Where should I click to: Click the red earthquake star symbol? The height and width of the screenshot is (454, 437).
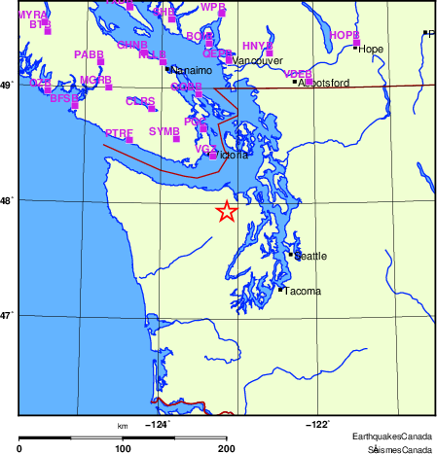point(226,211)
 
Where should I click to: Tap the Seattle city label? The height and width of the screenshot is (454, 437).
point(310,257)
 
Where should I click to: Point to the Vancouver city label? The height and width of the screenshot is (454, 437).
point(256,60)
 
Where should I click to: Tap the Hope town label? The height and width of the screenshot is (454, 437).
point(371,49)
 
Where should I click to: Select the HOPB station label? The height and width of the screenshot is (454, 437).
point(345,35)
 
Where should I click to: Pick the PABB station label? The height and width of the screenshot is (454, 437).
point(89,54)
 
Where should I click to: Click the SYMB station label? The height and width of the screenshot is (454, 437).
point(164,130)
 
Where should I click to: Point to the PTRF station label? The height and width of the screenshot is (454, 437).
point(119,132)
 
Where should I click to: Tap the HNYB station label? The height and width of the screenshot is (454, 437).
point(257,46)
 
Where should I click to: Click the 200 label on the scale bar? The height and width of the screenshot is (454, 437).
point(227,448)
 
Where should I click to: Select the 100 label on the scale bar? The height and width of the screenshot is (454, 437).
point(124,448)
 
